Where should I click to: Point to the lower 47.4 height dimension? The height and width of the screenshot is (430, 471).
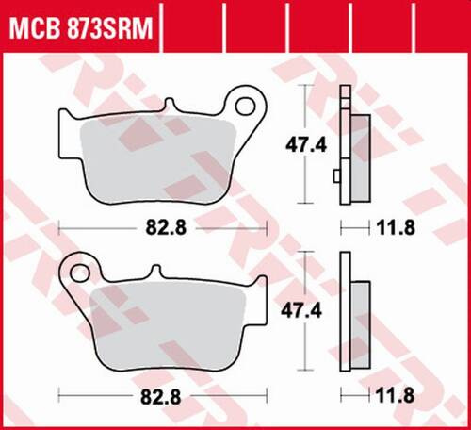coord(300,309)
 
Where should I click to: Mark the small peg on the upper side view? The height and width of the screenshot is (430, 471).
coord(338,174)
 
